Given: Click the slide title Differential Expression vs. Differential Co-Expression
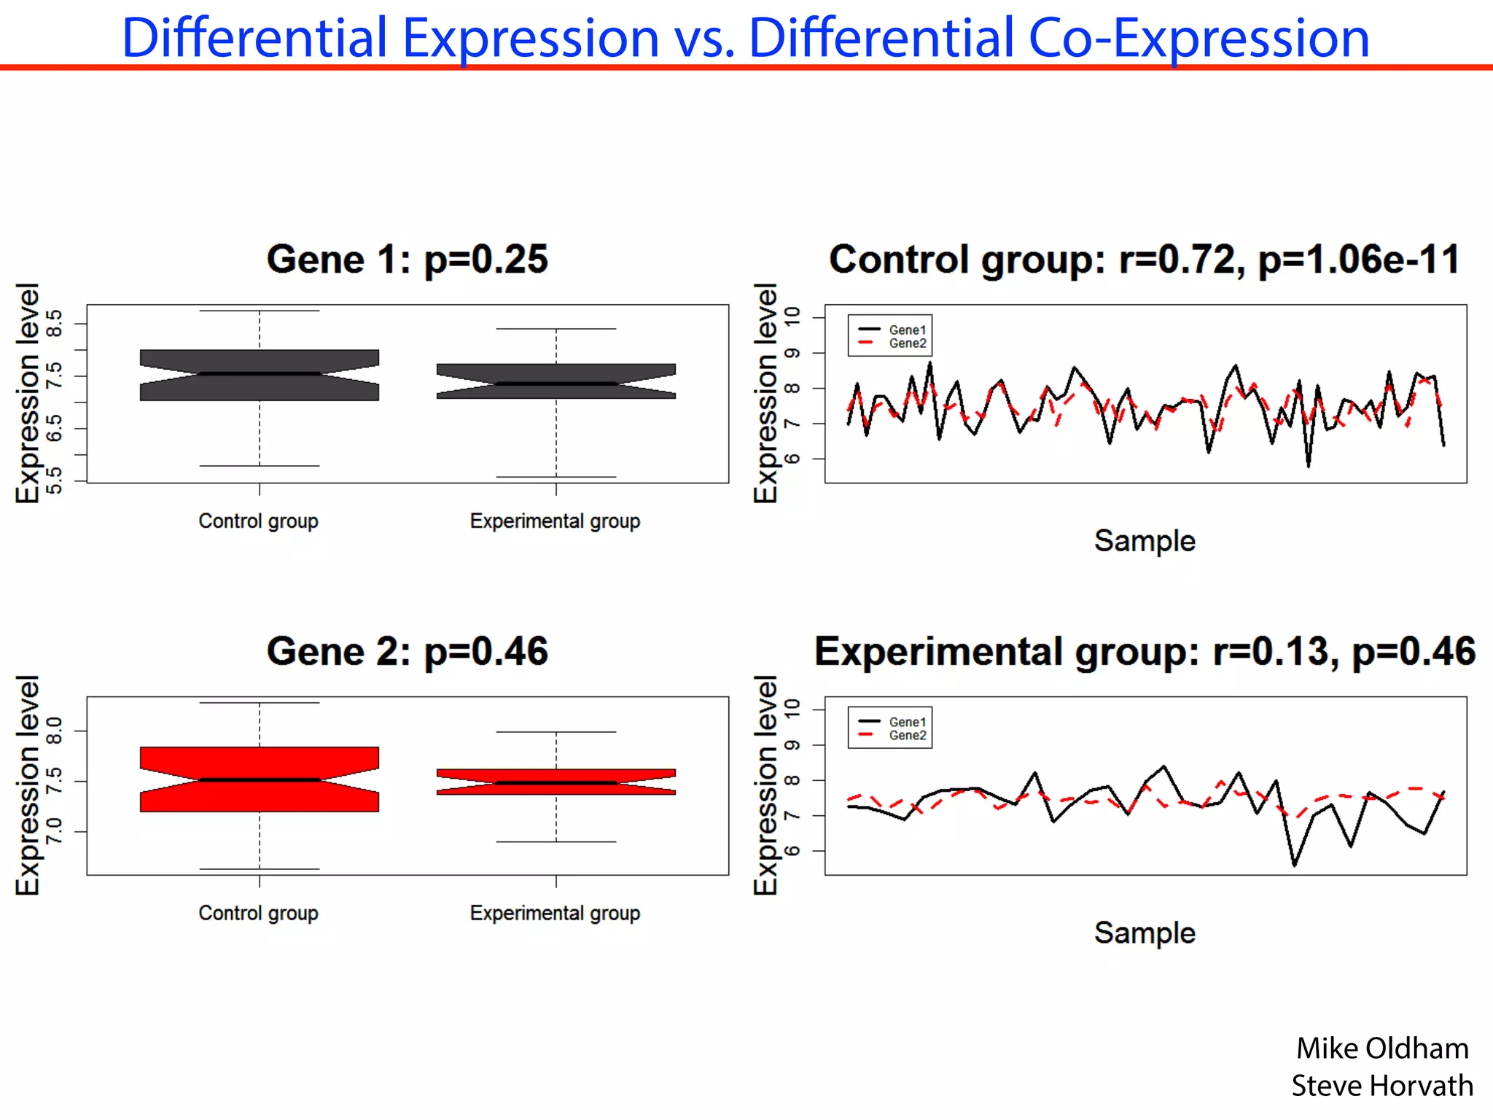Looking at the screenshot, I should click(x=745, y=38).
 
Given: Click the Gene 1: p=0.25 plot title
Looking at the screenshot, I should click(x=407, y=260).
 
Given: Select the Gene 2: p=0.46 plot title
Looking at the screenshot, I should click(x=407, y=651).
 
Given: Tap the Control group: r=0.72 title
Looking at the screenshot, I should click(x=1145, y=260).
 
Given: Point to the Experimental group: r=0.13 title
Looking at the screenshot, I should click(x=1145, y=651).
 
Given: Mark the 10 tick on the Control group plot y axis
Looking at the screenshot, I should click(x=792, y=316).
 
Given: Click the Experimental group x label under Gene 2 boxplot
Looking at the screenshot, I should click(x=555, y=913).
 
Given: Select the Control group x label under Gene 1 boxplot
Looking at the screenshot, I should click(x=258, y=521).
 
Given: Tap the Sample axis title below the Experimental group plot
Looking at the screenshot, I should click(x=1145, y=933).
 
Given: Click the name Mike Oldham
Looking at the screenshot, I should click(x=1381, y=1049).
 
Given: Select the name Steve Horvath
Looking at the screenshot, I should click(x=1381, y=1086).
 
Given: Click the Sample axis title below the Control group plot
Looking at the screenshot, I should click(x=1145, y=541).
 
